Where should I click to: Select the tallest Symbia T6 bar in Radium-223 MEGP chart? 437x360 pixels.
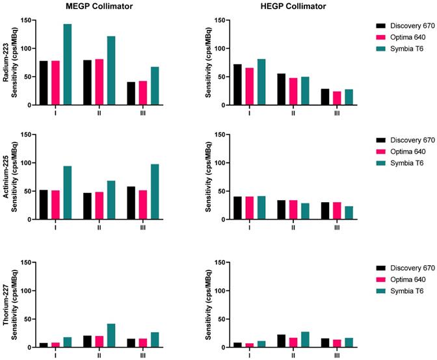pos(68,64)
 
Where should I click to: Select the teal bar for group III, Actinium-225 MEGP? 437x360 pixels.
pos(155,192)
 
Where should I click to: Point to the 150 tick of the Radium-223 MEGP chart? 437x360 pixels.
pos(27,20)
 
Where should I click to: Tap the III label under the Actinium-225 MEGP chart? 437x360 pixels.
pos(142,227)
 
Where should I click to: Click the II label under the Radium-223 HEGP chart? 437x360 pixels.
pos(293,112)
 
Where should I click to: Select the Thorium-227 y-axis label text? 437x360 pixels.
pos(6,305)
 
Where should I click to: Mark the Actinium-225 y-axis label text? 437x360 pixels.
pos(6,177)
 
